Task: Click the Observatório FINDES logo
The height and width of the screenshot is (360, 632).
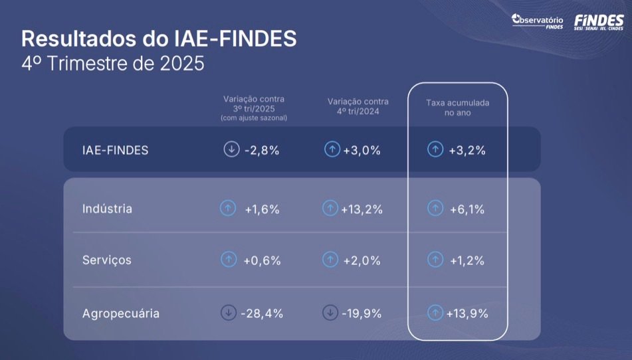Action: point(538,21)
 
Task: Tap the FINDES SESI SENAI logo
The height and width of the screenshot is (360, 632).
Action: point(598,21)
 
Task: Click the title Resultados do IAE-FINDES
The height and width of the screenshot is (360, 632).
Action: point(159,39)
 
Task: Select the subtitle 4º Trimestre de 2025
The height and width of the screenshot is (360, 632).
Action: point(113,65)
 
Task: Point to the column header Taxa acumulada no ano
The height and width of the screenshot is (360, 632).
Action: point(457,108)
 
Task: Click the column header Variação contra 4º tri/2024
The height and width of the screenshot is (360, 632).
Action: point(358,106)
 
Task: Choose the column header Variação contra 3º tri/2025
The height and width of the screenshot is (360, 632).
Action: point(255,108)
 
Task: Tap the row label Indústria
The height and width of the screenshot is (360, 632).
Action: point(107,209)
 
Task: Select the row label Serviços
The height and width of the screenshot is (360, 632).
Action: point(106,260)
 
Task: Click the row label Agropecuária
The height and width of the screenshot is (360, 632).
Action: point(121,313)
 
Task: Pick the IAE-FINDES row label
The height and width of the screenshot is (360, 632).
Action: point(115,150)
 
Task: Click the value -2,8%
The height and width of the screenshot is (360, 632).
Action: point(261,150)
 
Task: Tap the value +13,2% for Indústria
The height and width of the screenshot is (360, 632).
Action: point(362,209)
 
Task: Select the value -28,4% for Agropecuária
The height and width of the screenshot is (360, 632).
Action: point(261,313)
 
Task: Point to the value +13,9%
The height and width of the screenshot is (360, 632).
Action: point(467,313)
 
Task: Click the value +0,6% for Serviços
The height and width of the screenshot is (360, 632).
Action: point(261,260)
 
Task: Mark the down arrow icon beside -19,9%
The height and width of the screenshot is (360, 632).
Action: point(330,312)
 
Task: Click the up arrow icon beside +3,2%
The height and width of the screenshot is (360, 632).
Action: point(435,149)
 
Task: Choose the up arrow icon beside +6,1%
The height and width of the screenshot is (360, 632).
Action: point(435,209)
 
